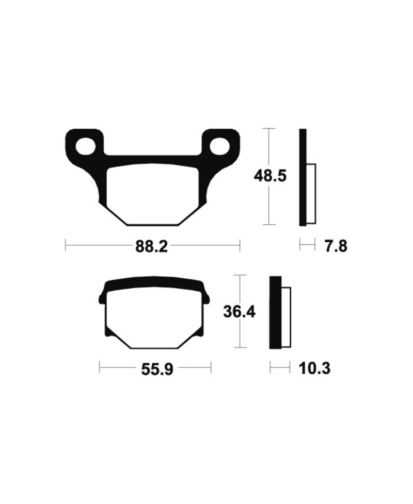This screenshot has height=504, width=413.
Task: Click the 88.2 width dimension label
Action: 151,247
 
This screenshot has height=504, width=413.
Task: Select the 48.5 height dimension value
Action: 270,176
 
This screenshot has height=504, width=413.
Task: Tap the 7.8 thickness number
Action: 336,247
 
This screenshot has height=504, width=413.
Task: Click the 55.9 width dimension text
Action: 157,369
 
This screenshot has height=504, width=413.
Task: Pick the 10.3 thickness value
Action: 314,368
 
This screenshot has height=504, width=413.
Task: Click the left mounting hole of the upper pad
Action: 85,146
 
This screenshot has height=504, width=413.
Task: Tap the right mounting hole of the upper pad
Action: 220,146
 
